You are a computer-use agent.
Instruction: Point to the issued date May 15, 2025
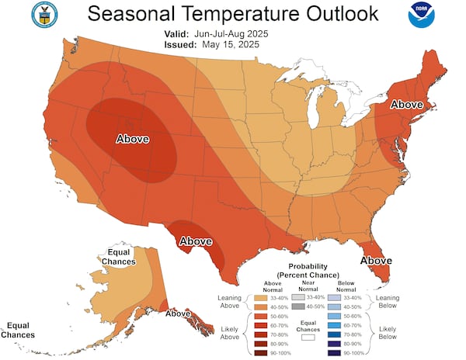click(x=232, y=45)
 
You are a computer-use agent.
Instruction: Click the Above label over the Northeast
click(x=406, y=104)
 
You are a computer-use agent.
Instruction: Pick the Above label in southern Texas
click(x=196, y=241)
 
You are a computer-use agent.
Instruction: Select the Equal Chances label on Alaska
click(x=120, y=257)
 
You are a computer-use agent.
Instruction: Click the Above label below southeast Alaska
click(x=179, y=313)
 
